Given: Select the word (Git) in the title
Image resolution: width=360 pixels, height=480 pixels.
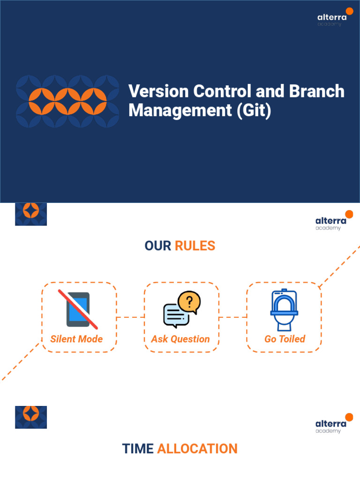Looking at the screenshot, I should coord(254,111).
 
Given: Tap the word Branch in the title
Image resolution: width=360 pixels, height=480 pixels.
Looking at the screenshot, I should coord(317,91).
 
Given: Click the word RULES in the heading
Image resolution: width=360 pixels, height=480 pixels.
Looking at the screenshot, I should coord(195,246).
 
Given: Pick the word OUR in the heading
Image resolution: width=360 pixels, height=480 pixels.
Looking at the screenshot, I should coord(158,246).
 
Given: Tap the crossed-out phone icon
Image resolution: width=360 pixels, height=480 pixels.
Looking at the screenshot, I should coord(78,309).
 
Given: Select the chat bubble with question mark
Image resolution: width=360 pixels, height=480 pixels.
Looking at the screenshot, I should coord(182,309).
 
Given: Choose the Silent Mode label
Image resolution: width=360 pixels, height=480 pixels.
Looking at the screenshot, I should coord(76,339).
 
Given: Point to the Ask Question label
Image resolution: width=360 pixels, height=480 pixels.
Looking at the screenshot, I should coord(180,339).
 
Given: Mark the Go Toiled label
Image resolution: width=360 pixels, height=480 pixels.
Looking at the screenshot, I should coord(285,339).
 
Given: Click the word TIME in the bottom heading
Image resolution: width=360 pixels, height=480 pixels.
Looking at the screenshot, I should coord(138,449).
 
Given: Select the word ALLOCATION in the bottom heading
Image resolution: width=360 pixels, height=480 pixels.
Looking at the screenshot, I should coord(197,449).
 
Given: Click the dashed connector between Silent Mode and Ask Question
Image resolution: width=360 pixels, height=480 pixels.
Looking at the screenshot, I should coord(130,317).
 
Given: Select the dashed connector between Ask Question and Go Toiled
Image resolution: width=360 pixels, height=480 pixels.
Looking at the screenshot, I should coord(232,317).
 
